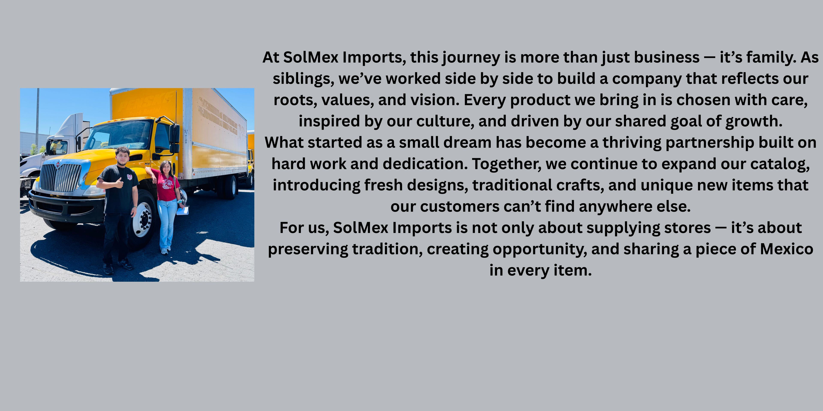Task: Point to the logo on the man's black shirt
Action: pos(129,177)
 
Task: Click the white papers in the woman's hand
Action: pos(183,211)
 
